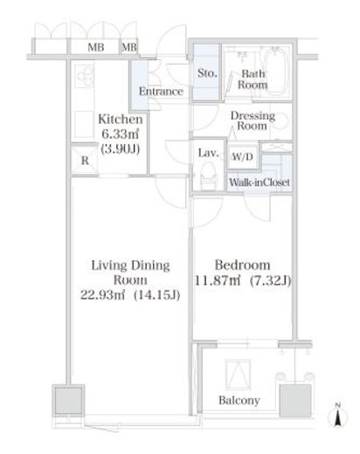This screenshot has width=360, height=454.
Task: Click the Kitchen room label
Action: tap(121, 119)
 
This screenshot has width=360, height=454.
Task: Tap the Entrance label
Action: tap(161, 92)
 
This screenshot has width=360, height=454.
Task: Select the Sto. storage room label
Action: tap(207, 73)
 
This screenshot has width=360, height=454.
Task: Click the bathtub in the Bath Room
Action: tap(275, 71)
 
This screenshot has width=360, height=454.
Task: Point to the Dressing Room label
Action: tap(253, 120)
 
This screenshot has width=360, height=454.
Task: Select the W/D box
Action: tap(243, 157)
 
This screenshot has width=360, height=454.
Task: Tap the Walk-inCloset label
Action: tap(260, 182)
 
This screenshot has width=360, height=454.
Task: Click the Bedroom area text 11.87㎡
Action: tap(218, 281)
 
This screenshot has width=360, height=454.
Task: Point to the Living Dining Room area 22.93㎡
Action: tap(102, 295)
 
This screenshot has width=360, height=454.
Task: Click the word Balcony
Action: tap(239, 401)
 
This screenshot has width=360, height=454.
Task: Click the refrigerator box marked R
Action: tap(85, 160)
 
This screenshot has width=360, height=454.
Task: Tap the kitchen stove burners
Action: tap(84, 77)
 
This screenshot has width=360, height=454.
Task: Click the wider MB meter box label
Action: tap(96, 47)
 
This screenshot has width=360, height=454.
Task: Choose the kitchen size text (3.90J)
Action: tap(121, 149)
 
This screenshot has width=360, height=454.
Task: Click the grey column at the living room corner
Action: tap(68, 401)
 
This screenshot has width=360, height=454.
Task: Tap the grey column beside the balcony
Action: tap(295, 401)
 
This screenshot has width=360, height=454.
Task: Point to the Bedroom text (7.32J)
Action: tap(271, 281)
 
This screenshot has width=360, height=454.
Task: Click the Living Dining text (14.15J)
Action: tap(156, 295)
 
